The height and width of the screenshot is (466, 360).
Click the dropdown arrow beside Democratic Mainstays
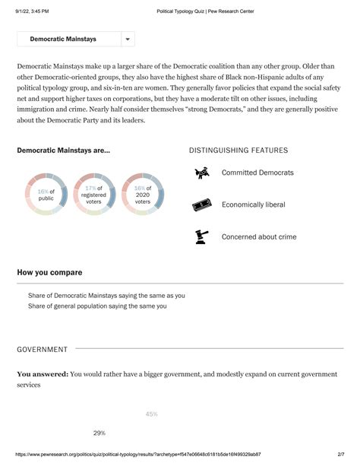[128, 39]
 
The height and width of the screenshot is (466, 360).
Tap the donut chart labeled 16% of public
[46, 194]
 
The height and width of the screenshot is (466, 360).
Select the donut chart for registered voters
[93, 194]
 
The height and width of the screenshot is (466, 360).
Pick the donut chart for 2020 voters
[142, 194]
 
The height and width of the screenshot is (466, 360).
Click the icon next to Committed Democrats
[201, 173]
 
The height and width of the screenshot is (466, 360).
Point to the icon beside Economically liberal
[201, 205]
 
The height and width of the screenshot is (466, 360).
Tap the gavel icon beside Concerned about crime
[201, 236]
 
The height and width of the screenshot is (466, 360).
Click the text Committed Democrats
[257, 173]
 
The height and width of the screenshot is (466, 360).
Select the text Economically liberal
[254, 205]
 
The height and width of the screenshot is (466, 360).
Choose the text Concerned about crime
[259, 237]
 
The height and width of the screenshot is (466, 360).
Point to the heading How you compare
[49, 272]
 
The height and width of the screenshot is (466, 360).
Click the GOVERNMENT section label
[43, 350]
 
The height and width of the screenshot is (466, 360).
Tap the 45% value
[151, 414]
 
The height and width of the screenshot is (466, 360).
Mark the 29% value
[99, 433]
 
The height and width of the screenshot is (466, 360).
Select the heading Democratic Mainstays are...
[63, 151]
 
